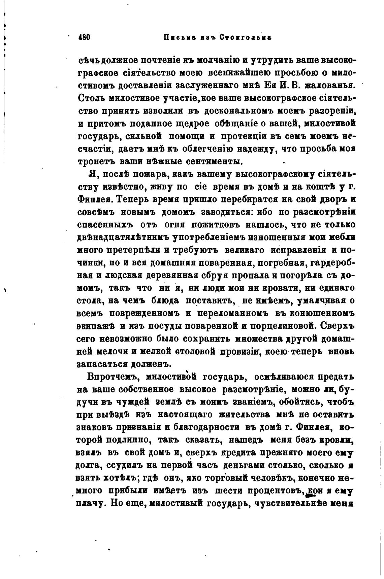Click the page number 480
click(x=84, y=37)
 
